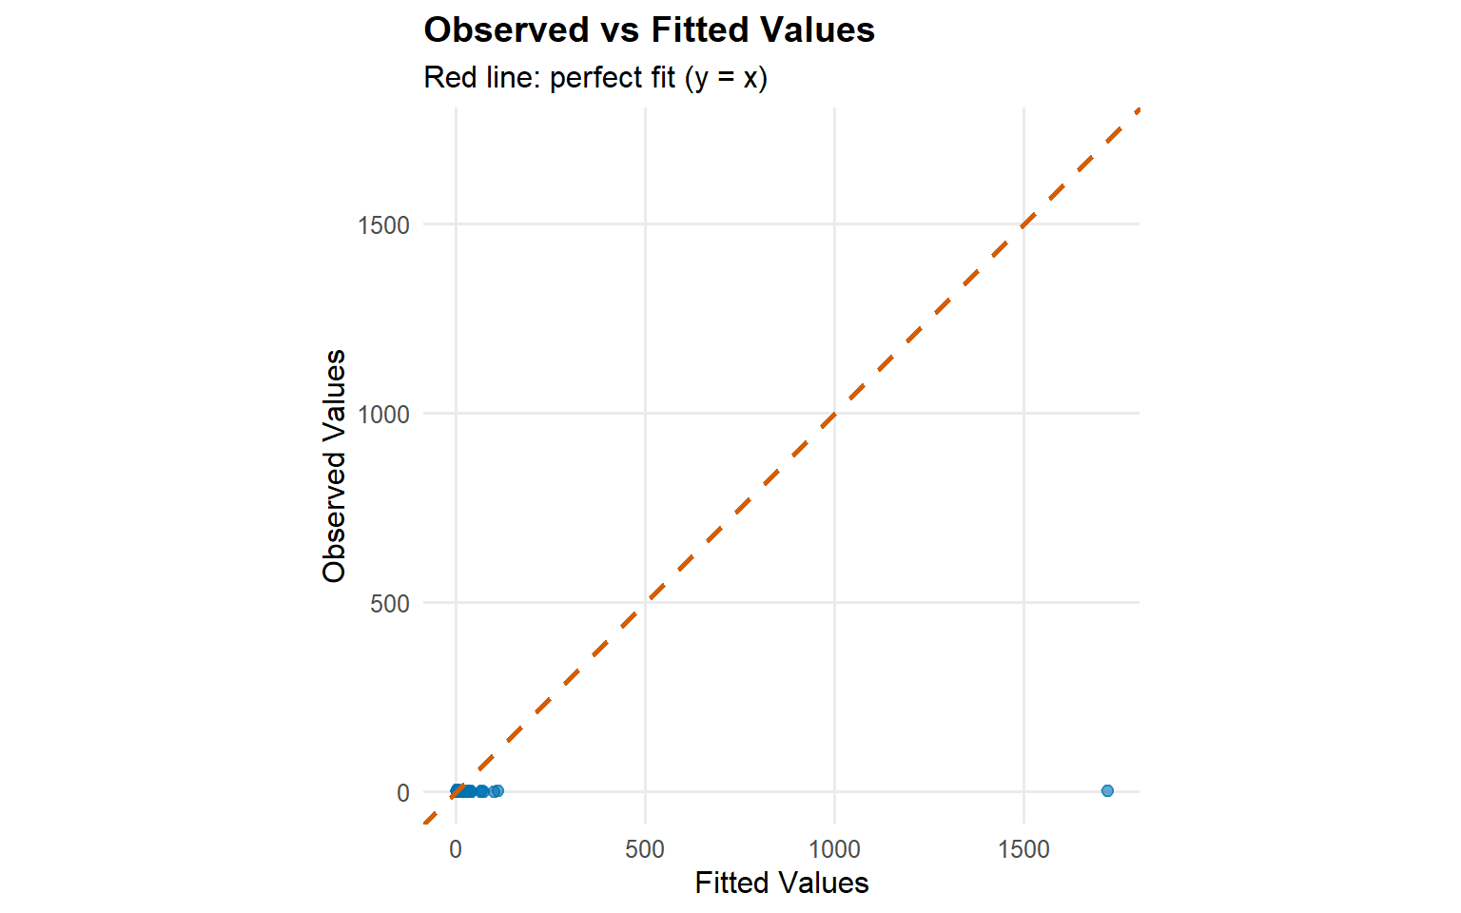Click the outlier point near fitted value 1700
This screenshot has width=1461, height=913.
coord(1107,790)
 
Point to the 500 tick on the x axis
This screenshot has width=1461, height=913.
coord(645,849)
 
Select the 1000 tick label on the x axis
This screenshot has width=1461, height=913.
coord(834,849)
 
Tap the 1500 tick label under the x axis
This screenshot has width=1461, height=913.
coord(1023,849)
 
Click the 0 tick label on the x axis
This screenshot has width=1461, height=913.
coord(456,849)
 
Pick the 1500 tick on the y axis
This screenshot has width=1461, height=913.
coord(383,225)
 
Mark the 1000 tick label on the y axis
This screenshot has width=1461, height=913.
coord(383,415)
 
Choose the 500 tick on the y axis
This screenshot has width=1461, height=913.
coord(390,604)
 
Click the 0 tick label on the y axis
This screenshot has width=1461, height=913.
coord(403,793)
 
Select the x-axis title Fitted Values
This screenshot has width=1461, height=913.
coord(782,884)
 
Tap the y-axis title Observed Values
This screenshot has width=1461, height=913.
coord(334,465)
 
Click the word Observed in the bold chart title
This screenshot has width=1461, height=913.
coord(506,30)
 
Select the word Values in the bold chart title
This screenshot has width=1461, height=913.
coord(818,30)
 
